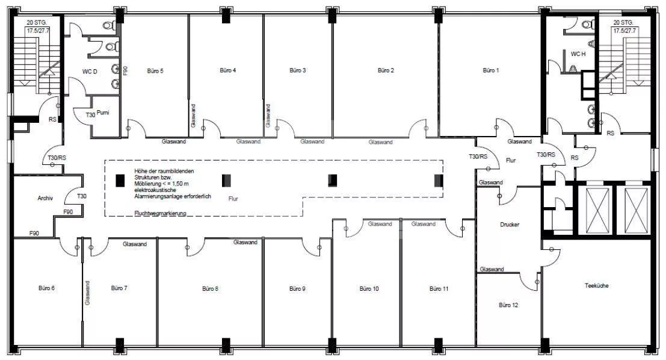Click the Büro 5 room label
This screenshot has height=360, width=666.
point(155,71)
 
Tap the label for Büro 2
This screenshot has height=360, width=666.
point(386,70)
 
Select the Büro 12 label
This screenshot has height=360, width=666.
point(508,305)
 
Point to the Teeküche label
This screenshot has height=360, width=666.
point(596,285)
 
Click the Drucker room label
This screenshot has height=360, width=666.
point(509,225)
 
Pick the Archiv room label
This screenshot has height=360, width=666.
point(45,198)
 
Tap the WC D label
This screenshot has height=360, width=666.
point(90,72)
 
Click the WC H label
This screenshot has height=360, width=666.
point(578,54)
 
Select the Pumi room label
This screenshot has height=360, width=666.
point(103,113)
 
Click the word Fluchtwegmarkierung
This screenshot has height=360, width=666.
point(160,213)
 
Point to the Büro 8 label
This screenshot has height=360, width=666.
point(210,288)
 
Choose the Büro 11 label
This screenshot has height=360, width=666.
point(439,288)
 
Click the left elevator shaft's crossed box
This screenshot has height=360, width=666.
point(597,210)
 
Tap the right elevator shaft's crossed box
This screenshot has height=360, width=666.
point(636,210)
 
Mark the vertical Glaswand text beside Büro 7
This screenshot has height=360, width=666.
point(87,293)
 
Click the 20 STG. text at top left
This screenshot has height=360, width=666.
point(37,22)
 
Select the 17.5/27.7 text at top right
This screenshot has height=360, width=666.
point(624,31)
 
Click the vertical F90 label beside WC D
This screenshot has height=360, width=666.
point(125,71)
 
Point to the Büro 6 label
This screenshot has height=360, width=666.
point(46,288)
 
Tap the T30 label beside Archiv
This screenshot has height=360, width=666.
point(82,196)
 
